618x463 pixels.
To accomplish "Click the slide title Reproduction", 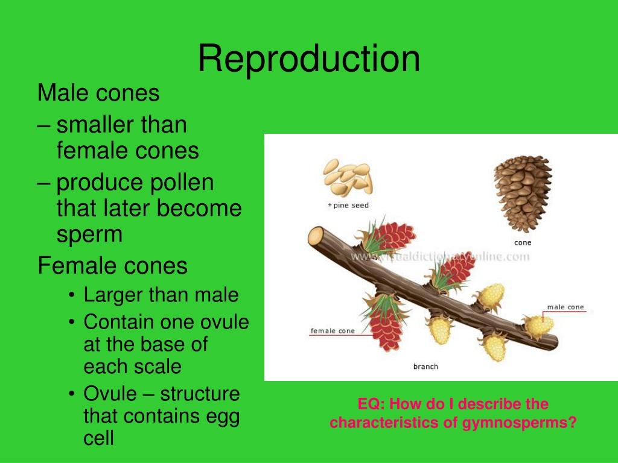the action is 309,59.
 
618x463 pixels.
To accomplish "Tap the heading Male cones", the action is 98,93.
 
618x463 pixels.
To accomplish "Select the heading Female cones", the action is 112,266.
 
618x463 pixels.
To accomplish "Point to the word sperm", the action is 89,235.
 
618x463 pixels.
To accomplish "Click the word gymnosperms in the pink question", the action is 520,423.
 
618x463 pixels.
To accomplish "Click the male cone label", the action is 565,307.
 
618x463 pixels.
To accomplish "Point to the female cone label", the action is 333,331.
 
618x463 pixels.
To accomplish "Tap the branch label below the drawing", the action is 425,367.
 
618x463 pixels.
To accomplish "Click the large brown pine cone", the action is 523,194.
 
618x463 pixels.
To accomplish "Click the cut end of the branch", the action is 315,238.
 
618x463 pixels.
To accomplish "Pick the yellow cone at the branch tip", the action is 538,326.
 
